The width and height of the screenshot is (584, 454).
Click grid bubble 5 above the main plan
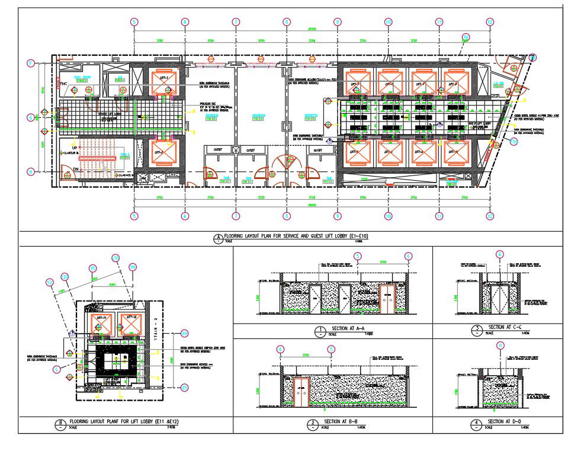coord(135,22)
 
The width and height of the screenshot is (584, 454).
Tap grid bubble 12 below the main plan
coord(490,216)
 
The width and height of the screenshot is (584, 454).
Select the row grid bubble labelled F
coord(31,63)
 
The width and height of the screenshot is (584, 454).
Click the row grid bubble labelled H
coord(31,172)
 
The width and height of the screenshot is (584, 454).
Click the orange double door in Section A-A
coord(387,298)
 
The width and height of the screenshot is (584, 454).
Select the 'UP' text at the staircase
coord(74,147)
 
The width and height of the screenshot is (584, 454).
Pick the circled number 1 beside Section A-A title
coord(320,330)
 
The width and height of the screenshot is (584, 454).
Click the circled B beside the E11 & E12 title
coord(60,423)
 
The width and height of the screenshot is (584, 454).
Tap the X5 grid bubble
coord(93,268)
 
